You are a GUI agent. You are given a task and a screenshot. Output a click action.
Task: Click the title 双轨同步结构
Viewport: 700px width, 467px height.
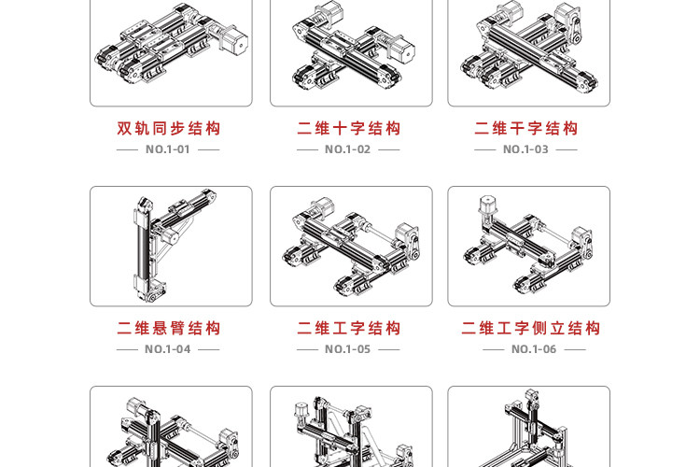pyautogui.click(x=169, y=129)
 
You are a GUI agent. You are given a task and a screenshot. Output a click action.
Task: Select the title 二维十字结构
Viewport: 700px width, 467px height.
pyautogui.click(x=349, y=129)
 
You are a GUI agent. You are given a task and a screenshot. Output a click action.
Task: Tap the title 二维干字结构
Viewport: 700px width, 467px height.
pyautogui.click(x=525, y=129)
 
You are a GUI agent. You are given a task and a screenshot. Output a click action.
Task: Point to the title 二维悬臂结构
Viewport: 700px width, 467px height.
pyautogui.click(x=169, y=329)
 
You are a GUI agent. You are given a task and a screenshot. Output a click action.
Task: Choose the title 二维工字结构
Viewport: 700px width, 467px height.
pyautogui.click(x=349, y=329)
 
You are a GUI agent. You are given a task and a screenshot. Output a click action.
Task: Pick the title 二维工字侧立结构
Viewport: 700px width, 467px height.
pyautogui.click(x=530, y=329)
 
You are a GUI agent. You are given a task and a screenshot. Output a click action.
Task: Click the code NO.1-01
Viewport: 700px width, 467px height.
pyautogui.click(x=168, y=149)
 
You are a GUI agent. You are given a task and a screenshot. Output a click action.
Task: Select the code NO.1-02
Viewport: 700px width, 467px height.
pyautogui.click(x=348, y=149)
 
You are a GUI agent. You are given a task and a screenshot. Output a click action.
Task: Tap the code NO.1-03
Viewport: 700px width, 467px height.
pyautogui.click(x=525, y=149)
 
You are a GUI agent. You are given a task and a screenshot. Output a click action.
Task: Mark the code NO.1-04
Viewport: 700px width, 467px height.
pyautogui.click(x=168, y=349)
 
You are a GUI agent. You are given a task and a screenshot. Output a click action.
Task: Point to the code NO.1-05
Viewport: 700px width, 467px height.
pyautogui.click(x=348, y=349)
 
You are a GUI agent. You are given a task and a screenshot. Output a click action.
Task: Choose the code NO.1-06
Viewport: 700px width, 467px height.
pyautogui.click(x=534, y=349)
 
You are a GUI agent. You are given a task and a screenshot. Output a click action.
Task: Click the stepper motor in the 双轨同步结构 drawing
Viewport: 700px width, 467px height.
pyautogui.click(x=234, y=42)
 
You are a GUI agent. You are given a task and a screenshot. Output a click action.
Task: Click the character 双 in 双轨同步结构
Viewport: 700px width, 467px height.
pyautogui.click(x=124, y=129)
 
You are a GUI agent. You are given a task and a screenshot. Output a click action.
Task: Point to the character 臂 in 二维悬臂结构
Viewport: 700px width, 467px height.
pyautogui.click(x=177, y=329)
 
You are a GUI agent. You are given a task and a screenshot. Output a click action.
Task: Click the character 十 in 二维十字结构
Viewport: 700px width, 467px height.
pyautogui.click(x=340, y=129)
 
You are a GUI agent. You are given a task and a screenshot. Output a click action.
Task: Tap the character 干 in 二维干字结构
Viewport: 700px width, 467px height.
pyautogui.click(x=517, y=129)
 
